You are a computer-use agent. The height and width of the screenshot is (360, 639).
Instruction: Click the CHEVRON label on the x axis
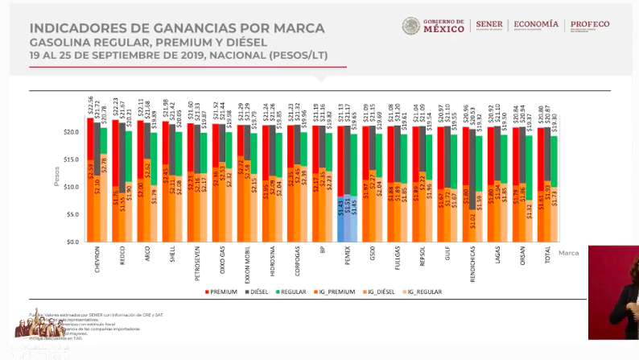pyautogui.click(x=97, y=260)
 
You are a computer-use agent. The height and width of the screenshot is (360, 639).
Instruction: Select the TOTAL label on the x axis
pyautogui.click(x=547, y=257)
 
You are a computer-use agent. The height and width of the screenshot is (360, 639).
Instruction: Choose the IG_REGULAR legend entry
pyautogui.click(x=423, y=291)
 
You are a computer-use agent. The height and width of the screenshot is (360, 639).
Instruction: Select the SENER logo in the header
pyautogui.click(x=489, y=25)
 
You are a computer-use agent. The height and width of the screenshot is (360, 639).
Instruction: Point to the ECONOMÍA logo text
pyautogui.click(x=537, y=25)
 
